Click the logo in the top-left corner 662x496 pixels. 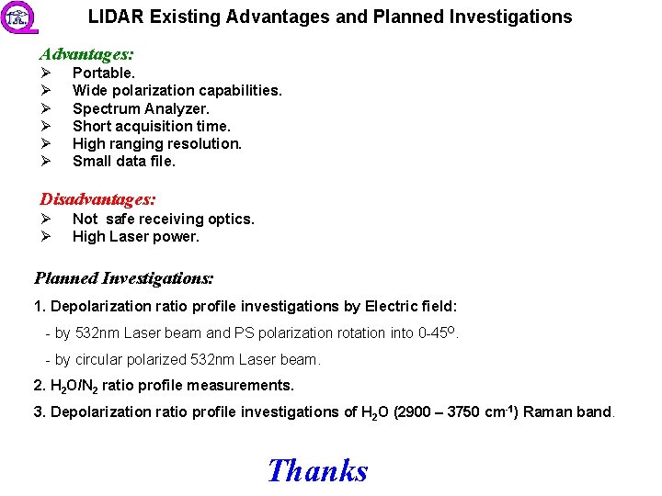point(16,17)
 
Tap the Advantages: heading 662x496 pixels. point(86,55)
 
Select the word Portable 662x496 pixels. point(104,73)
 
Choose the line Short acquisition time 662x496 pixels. point(152,126)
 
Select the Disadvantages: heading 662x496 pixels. point(97,198)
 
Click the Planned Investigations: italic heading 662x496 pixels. point(124,277)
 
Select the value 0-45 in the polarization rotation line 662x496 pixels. point(436,333)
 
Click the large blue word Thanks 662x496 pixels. point(317,470)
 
